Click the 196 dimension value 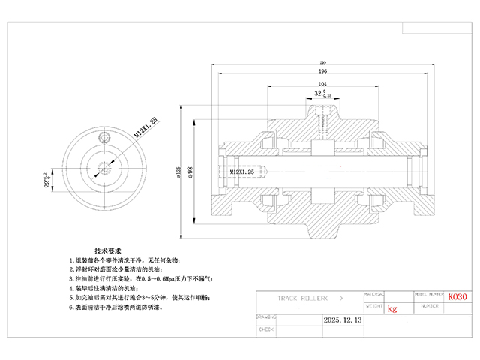(x=322, y=71)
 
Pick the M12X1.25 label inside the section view (x=242, y=172)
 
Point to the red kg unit (x=392, y=307)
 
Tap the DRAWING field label (x=267, y=316)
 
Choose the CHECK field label (x=266, y=328)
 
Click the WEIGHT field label (x=375, y=306)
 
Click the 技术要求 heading (x=109, y=249)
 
